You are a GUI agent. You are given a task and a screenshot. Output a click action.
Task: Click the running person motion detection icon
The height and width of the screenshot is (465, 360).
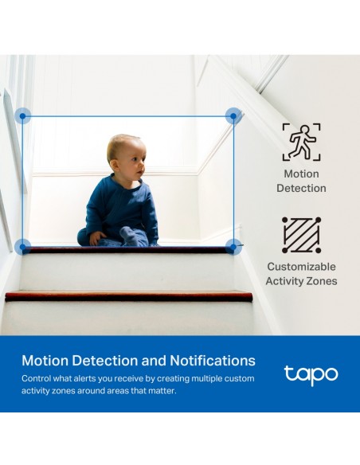pos(301,142)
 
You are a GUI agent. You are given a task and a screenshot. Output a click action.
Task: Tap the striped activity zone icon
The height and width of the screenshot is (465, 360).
pos(301,235)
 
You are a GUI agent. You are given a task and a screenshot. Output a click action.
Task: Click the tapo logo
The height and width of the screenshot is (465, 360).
pos(311,375)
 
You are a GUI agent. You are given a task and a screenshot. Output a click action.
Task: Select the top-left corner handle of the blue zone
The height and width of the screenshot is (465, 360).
pos(23,116)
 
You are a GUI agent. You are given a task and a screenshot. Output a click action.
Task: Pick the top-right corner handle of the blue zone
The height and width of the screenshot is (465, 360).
pos(233,116)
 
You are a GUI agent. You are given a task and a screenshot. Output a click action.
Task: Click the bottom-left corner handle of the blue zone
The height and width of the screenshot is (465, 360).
pos(23,247)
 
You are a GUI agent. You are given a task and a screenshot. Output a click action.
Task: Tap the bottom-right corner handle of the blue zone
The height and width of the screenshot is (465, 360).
pos(233,247)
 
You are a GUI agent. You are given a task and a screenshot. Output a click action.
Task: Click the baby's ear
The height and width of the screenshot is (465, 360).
pos(114,165)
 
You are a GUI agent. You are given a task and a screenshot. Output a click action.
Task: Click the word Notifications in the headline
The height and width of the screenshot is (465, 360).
pos(213,361)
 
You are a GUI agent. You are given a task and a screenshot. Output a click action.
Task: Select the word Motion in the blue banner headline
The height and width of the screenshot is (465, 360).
pos(45,361)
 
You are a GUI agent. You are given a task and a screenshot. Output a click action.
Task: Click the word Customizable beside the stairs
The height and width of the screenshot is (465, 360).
pos(301,266)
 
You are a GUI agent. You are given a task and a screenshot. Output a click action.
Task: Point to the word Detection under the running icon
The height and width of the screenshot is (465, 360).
pos(301,188)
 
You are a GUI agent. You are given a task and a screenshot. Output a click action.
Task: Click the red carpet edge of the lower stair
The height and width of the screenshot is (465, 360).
pos(129,295)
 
